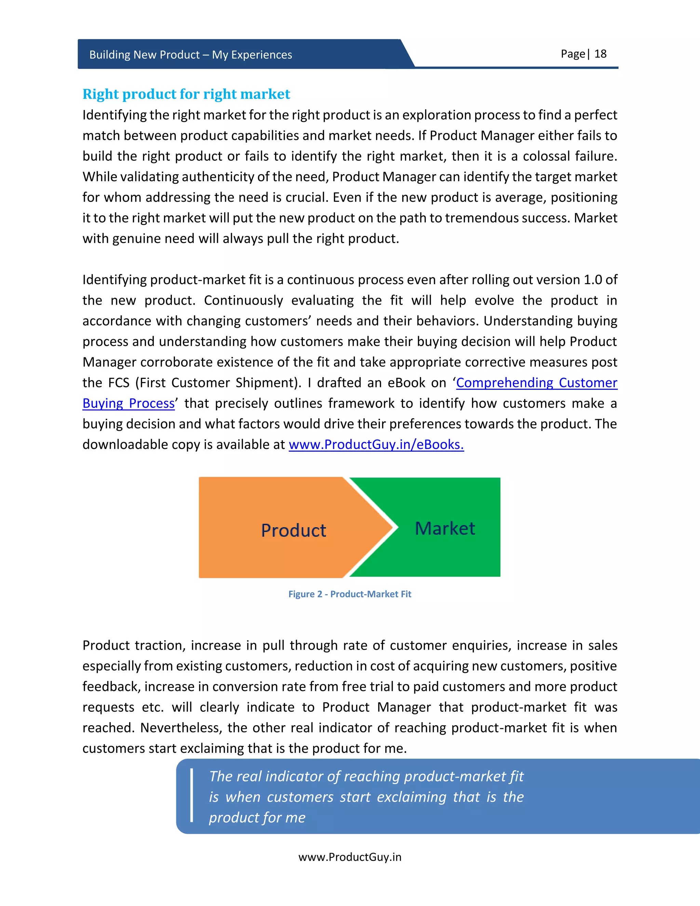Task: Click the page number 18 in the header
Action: point(600,54)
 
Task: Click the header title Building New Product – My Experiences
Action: point(191,55)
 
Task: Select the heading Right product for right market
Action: point(186,94)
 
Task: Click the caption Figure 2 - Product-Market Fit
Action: point(350,594)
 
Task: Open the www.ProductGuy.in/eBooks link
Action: point(376,444)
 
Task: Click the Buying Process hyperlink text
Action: point(129,403)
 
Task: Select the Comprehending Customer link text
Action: point(537,383)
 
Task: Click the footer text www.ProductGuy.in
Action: point(350,857)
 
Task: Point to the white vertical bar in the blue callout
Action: point(192,795)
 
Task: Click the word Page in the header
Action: point(573,54)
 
